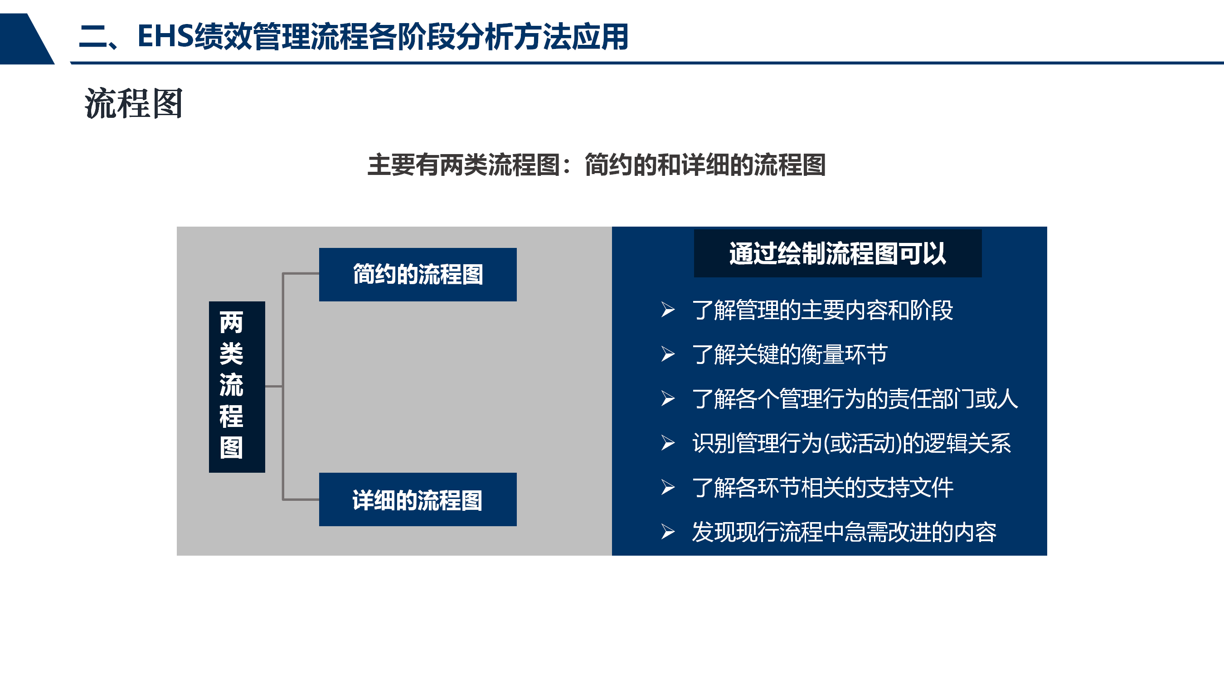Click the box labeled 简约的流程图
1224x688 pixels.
point(418,275)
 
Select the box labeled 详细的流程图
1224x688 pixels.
point(418,499)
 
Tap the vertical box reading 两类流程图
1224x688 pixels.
point(237,387)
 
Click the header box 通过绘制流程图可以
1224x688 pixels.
point(838,253)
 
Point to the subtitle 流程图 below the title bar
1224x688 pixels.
point(134,104)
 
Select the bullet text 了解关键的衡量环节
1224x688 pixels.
point(790,354)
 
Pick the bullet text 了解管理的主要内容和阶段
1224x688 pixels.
point(822,310)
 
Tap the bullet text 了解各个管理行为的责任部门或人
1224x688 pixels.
point(855,399)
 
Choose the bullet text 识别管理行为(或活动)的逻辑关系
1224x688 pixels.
point(851,443)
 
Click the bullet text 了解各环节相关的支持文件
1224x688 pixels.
point(822,488)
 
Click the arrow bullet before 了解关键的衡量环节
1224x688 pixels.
point(668,354)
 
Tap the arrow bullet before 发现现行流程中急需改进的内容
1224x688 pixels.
point(668,532)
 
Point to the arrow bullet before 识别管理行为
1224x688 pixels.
point(668,443)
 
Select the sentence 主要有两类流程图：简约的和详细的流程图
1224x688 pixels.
point(596,165)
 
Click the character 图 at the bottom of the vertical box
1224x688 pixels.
point(231,448)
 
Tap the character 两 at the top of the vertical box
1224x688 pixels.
point(231,323)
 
